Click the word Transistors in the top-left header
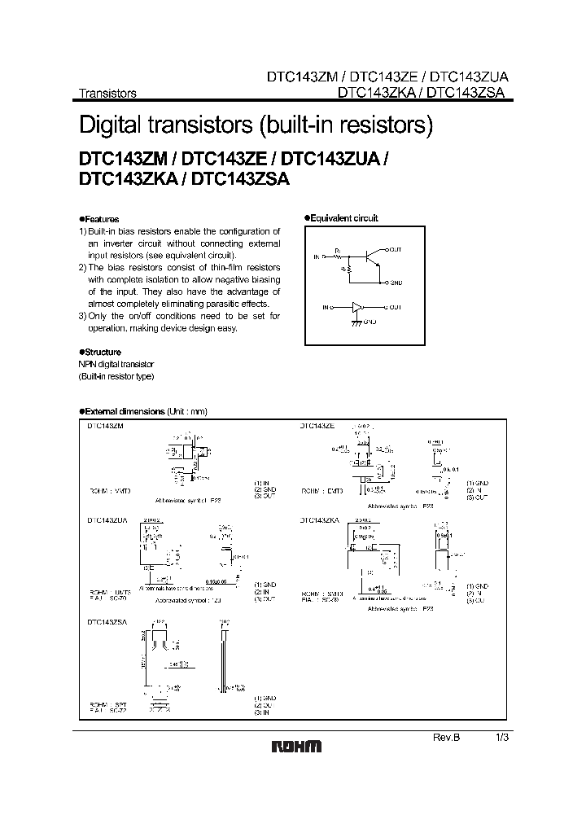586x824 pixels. [107, 93]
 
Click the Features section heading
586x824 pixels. [100, 219]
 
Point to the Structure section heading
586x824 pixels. [102, 352]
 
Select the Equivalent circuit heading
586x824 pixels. [343, 218]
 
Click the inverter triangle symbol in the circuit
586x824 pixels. [356, 307]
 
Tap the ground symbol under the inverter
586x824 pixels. [355, 322]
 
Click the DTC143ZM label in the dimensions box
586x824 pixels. [106, 426]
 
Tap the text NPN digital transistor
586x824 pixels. [116, 364]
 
